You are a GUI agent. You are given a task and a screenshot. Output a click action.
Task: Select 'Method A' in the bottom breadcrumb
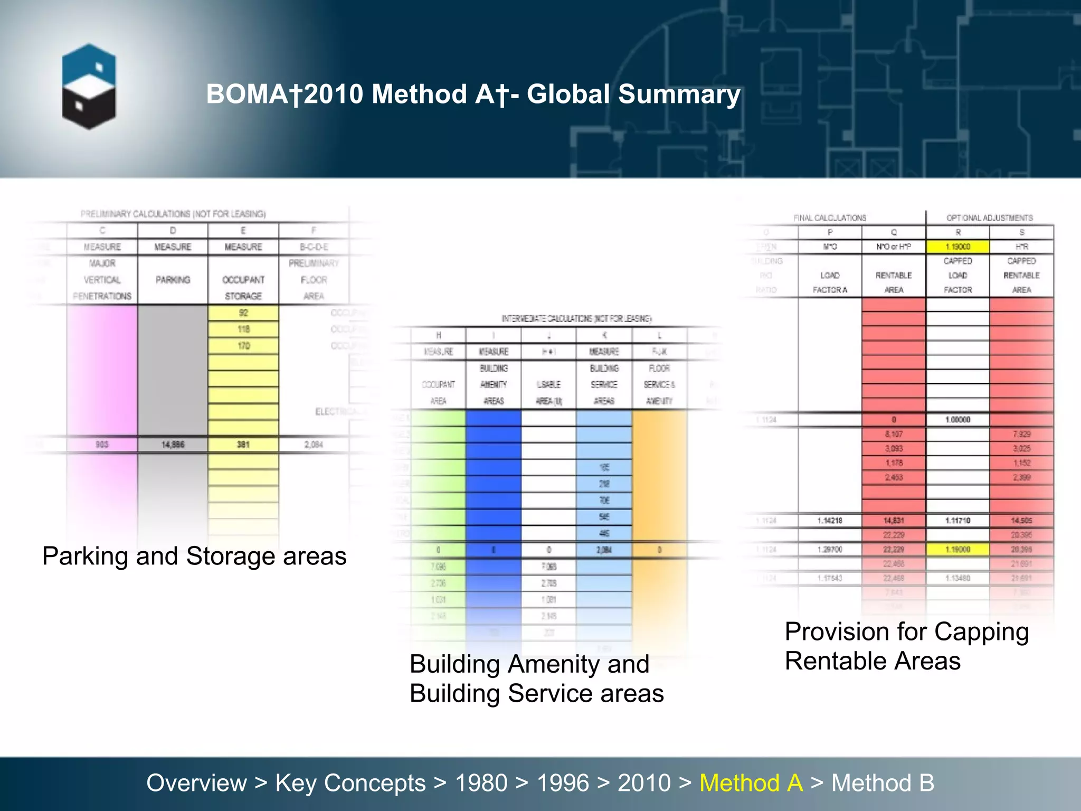point(751,783)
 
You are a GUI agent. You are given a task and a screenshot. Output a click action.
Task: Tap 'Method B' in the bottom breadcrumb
point(883,783)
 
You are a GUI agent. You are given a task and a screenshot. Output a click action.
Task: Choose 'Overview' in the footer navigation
point(196,783)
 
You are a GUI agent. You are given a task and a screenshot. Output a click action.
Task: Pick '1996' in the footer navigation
point(563,783)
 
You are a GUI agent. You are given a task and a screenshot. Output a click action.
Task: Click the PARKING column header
point(173,280)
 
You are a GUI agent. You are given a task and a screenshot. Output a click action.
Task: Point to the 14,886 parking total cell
point(173,445)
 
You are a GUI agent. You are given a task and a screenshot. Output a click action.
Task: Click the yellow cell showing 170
point(243,346)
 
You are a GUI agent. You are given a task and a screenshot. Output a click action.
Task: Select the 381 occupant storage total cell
point(243,445)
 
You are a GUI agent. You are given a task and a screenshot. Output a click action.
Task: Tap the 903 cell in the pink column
point(102,445)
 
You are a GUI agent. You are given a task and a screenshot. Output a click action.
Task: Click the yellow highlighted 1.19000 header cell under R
point(957,247)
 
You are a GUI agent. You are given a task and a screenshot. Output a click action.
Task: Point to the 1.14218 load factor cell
point(830,521)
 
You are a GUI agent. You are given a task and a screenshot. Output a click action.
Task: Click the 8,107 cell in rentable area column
point(894,434)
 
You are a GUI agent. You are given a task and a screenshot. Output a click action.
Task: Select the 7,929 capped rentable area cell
point(1021,434)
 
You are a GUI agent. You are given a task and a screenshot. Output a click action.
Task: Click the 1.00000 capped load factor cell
point(957,420)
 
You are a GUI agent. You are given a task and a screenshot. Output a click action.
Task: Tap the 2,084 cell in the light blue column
point(604,550)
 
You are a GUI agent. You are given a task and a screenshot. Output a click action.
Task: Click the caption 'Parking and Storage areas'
point(194,557)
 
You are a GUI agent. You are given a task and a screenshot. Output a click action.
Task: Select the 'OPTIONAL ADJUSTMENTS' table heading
point(989,218)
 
